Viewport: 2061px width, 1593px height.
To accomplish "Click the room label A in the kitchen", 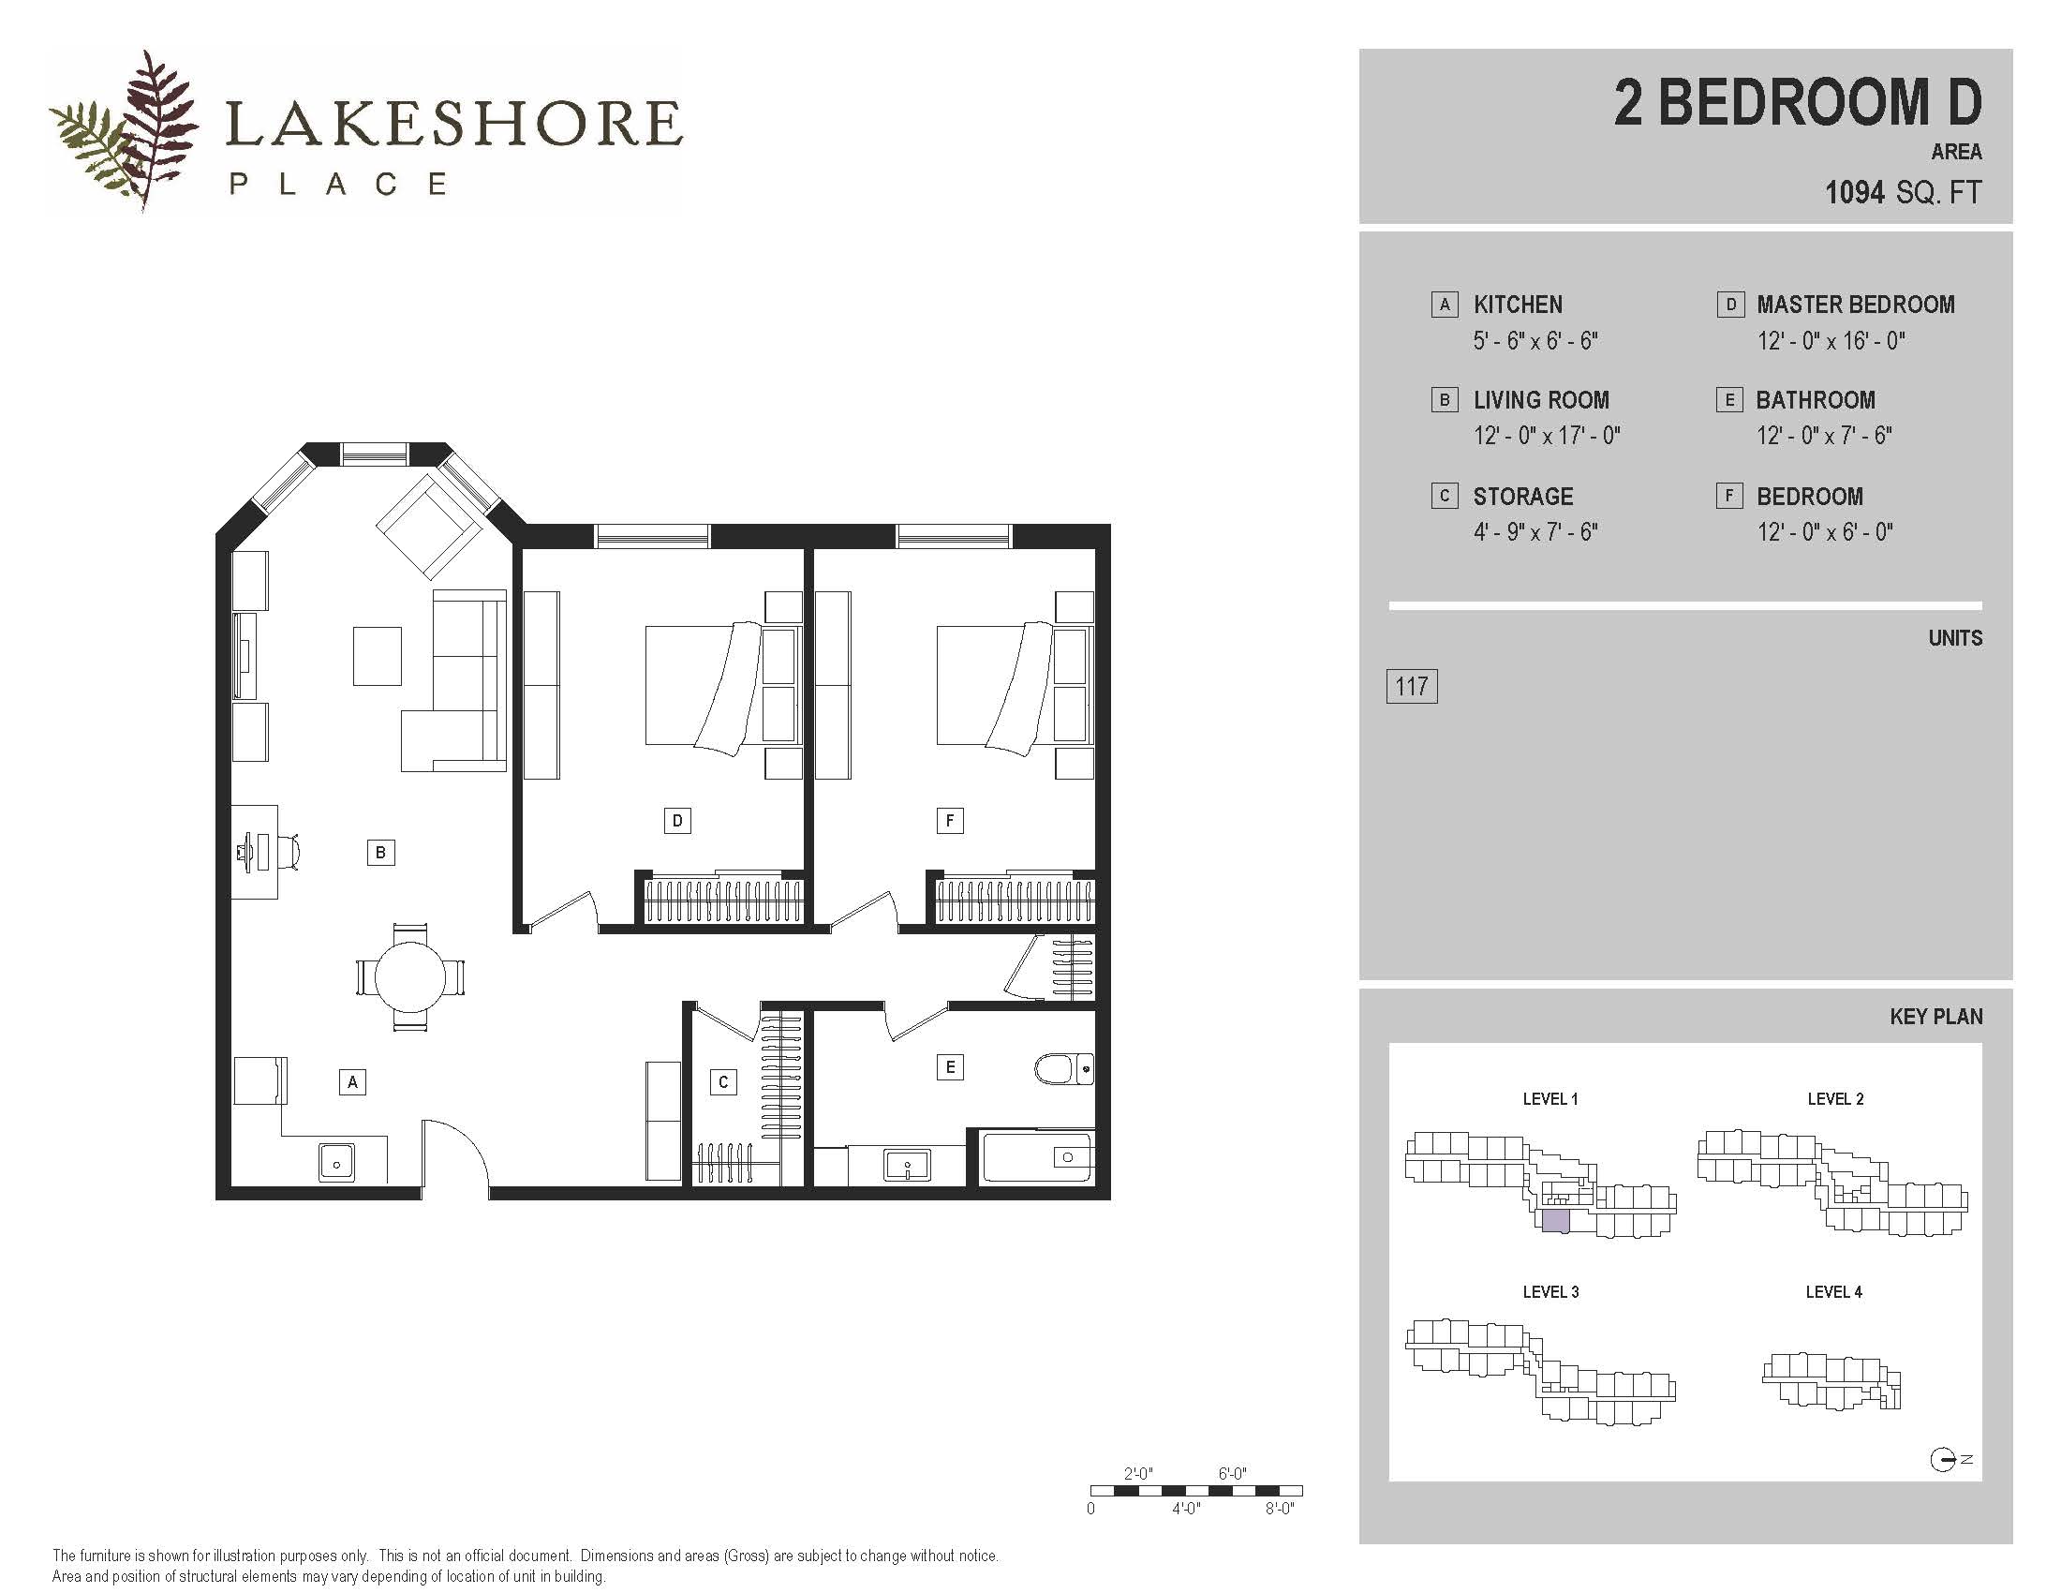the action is click(x=352, y=1082).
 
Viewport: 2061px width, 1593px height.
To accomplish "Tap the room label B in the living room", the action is click(x=380, y=853).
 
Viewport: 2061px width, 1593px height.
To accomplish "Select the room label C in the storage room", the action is click(x=723, y=1082).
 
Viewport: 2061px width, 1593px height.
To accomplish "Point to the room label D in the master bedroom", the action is click(x=676, y=821).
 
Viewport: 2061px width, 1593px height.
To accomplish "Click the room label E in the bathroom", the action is click(x=949, y=1067).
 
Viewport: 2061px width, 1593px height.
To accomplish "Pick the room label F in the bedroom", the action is click(x=949, y=821).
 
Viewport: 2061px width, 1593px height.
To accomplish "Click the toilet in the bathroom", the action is click(x=1063, y=1069).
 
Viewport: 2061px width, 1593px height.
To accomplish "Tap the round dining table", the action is click(x=409, y=976).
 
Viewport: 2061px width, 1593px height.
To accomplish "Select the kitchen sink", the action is click(x=337, y=1162).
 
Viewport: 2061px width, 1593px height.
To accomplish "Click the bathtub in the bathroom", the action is click(x=1038, y=1157).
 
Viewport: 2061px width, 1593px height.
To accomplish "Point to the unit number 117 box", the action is click(x=1412, y=686).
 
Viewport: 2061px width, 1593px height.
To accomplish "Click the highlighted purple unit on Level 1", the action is click(x=1555, y=1222).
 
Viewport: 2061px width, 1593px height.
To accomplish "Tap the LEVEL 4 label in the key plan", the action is click(x=1833, y=1292).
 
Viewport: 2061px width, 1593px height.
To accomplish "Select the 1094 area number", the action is click(x=1854, y=192).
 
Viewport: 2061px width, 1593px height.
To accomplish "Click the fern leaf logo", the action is click(x=125, y=129).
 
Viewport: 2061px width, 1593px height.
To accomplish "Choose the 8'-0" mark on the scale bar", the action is click(x=1279, y=1509).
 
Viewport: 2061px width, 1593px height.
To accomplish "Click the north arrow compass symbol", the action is click(x=1942, y=1460).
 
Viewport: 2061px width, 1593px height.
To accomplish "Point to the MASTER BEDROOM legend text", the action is click(x=1855, y=305).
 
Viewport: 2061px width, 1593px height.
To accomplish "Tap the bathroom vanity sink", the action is click(x=907, y=1165).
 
